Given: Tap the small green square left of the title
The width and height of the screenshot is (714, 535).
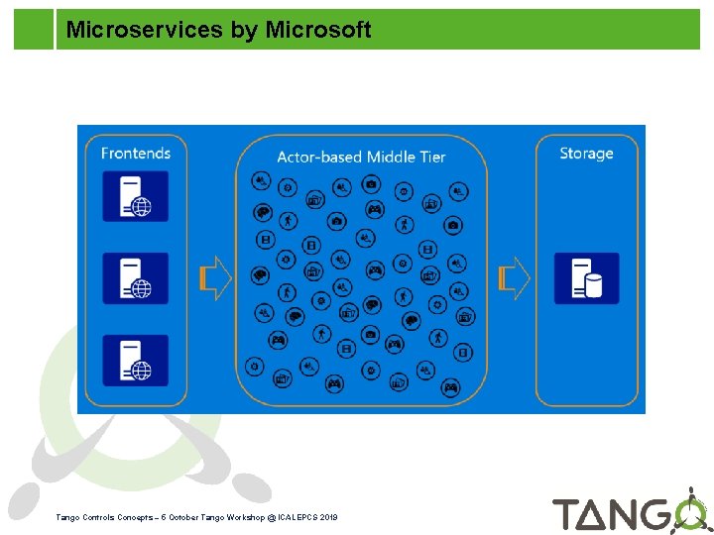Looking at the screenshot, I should [x=33, y=30].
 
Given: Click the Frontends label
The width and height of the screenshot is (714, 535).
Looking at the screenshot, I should [x=136, y=153].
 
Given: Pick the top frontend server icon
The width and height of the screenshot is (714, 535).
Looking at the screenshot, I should [x=136, y=196].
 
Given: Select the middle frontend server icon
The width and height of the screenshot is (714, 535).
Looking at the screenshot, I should [x=136, y=278].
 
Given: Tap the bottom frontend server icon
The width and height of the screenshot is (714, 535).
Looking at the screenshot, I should [x=136, y=361].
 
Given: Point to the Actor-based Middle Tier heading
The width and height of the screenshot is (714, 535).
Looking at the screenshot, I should [x=361, y=157].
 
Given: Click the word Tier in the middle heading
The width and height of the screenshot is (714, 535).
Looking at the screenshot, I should [x=428, y=157].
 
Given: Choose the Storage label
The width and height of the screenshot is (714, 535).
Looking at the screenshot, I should [x=586, y=153].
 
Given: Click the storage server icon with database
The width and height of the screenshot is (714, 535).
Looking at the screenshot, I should [x=586, y=278].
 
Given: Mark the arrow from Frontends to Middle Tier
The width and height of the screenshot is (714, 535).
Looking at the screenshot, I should [x=215, y=278].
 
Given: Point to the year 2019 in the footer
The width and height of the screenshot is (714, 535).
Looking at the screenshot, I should [x=329, y=518].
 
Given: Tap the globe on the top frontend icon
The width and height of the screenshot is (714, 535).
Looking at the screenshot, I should [x=142, y=206].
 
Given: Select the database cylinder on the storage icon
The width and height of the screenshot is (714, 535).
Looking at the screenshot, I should [x=594, y=287].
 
